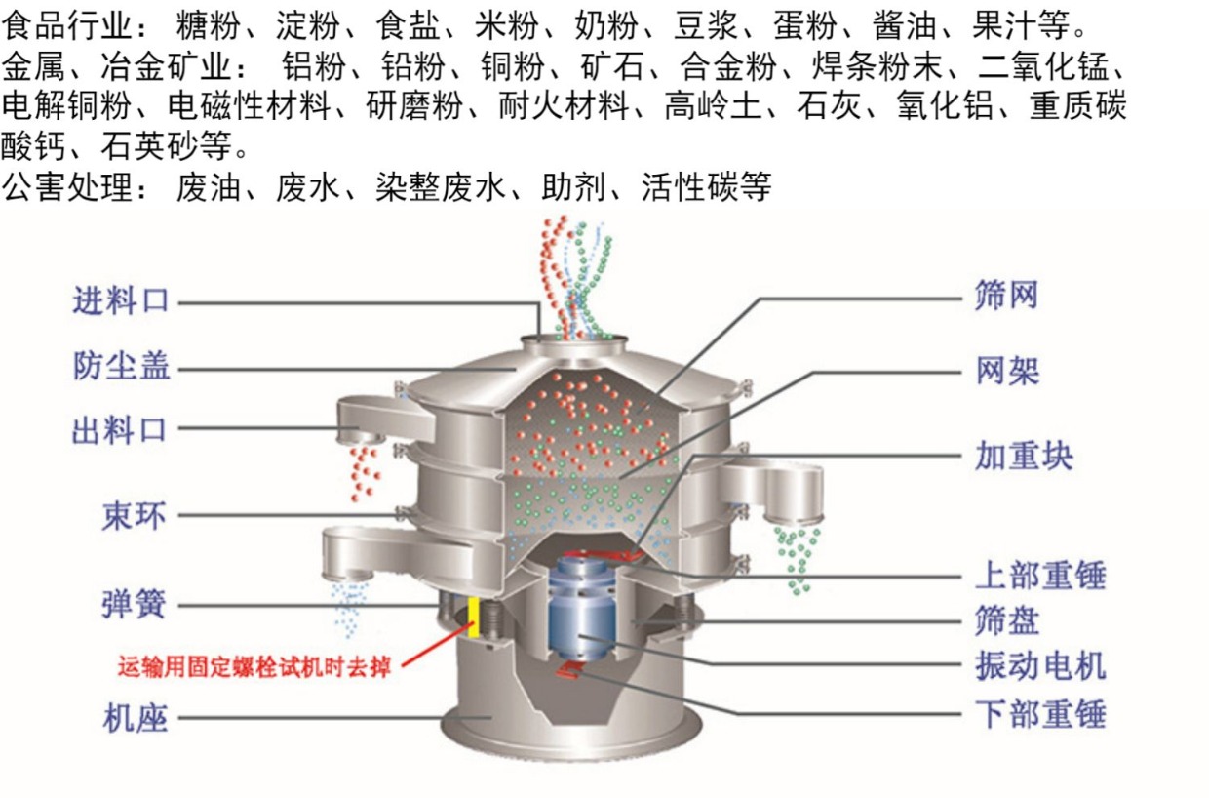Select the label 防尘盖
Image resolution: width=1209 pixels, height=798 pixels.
pos(121,367)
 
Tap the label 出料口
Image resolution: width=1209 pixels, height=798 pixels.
pos(121,430)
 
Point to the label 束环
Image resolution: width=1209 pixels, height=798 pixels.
pos(134,515)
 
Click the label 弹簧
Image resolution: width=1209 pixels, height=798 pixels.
pos(134,605)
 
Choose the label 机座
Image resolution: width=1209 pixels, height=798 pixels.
pos(136,720)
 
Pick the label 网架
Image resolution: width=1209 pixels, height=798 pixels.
pos(1006,371)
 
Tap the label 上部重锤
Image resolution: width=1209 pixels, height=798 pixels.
pos(1040,575)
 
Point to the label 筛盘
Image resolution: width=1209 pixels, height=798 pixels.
pos(1006,620)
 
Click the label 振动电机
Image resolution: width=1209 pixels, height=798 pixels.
pos(1040,666)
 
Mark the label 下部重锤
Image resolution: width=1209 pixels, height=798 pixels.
pos(1040,714)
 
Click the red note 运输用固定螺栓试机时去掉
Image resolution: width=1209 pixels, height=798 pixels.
pos(254,668)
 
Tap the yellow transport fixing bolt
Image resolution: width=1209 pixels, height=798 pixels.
pos(474,617)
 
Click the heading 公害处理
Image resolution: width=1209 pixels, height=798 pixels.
pos(67,185)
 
